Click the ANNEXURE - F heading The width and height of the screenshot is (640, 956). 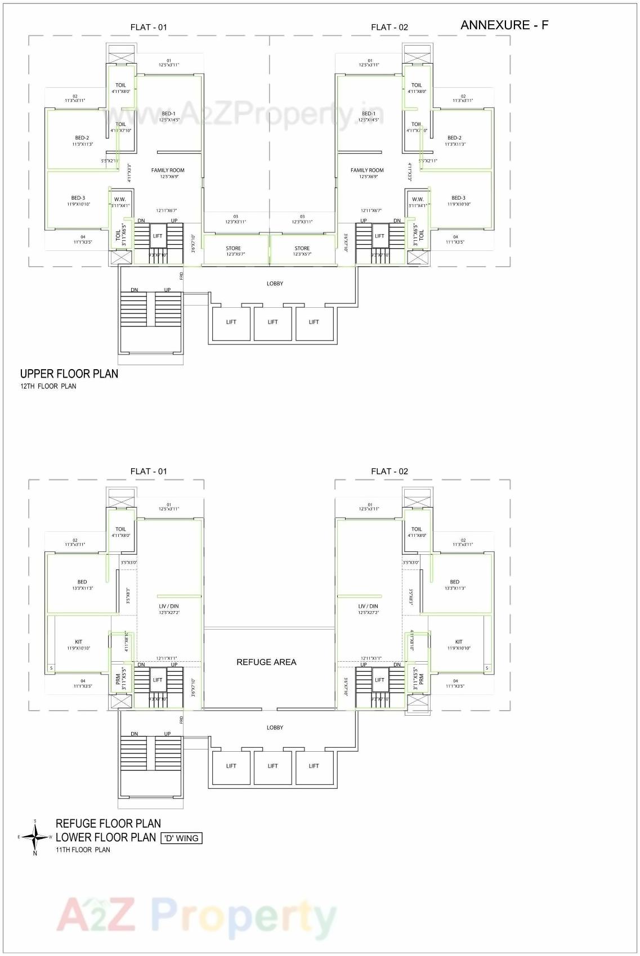pos(504,25)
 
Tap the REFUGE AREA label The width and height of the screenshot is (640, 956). pos(266,662)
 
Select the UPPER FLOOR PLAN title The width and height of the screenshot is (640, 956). pos(69,374)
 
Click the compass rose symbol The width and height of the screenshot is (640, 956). pos(35,837)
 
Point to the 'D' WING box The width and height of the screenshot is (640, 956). pos(181,838)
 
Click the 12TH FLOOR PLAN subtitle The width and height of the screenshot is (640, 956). pos(48,387)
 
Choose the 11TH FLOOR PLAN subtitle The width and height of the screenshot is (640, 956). pos(83,850)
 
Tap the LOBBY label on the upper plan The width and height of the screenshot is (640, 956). pos(275,284)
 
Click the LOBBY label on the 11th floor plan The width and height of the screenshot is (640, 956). pos(275,728)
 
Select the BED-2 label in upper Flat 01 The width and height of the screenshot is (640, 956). pos(82,138)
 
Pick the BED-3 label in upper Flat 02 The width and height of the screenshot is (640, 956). pos(458,198)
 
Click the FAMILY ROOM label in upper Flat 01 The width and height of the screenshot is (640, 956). pos(168,170)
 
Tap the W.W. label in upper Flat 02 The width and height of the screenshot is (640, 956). pos(417,199)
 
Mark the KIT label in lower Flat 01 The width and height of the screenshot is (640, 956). pos(79,641)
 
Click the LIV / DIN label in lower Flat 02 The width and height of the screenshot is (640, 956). pos(368,606)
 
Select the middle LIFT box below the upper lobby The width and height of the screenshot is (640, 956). pos(273,322)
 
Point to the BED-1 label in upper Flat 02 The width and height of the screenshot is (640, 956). pos(369,114)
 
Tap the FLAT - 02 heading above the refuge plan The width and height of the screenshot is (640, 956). pos(389,472)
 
